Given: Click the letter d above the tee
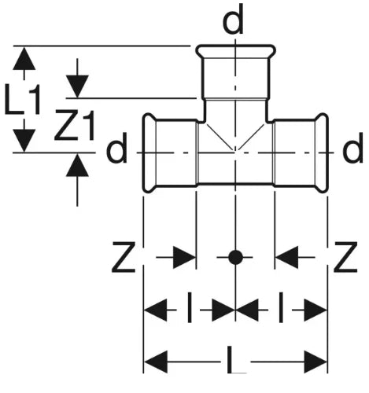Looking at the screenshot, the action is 233,20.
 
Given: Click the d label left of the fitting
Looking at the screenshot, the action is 116,148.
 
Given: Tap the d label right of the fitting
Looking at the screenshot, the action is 352,148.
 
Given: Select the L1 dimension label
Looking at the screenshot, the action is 23,100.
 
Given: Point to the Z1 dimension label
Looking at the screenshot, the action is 75,125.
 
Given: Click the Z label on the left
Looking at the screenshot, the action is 124,257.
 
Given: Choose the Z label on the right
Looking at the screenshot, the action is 345,257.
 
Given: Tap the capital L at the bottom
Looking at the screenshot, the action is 236,359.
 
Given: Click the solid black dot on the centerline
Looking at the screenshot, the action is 235,257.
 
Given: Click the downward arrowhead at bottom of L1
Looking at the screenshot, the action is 24,141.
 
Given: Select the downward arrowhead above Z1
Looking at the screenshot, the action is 77,86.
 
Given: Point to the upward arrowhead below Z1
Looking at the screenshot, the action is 77,165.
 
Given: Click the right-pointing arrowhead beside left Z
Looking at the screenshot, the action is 184,257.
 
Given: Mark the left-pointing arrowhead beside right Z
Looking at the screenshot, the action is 286,257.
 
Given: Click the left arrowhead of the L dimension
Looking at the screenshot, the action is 156,362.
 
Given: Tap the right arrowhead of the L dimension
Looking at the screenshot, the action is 315,362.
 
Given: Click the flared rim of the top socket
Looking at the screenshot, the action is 236,50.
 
